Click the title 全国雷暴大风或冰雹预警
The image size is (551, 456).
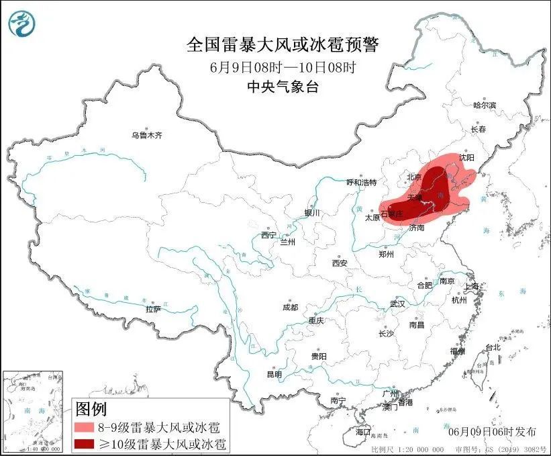283,45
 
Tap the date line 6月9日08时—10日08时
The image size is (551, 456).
282,67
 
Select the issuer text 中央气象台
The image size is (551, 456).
282,86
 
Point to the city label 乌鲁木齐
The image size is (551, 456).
147,136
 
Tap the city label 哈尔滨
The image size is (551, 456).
484,105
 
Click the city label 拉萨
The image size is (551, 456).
153,309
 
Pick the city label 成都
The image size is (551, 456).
290,307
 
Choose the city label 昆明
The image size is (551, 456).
275,374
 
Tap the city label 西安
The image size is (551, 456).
339,263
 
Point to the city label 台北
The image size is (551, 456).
493,347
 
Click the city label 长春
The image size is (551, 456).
478,129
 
